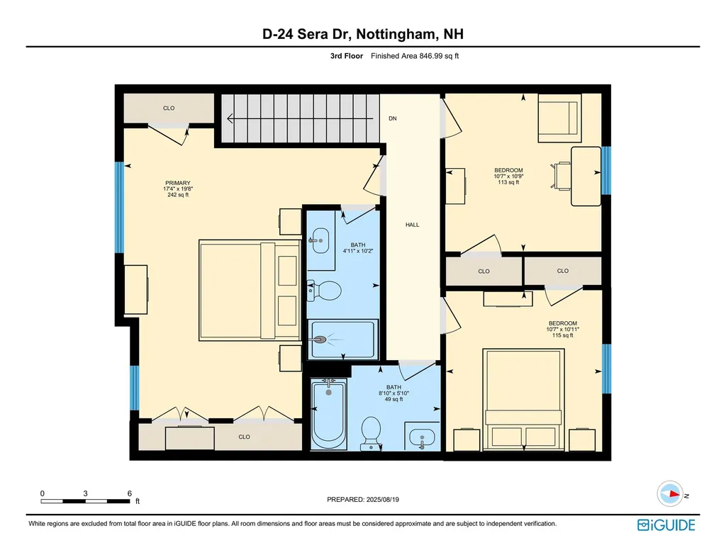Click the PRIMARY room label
(178, 183)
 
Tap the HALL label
(412, 225)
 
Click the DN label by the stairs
(393, 118)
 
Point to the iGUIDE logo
(666, 525)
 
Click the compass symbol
(670, 494)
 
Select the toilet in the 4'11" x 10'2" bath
(324, 291)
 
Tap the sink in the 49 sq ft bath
(422, 437)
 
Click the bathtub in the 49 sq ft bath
(329, 414)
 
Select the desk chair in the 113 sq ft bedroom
(560, 176)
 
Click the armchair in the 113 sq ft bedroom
(559, 118)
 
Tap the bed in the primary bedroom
(250, 290)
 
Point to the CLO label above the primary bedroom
(169, 108)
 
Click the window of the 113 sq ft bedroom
(606, 170)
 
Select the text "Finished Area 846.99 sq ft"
(415, 56)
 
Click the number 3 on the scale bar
(85, 493)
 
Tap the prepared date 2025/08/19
(382, 499)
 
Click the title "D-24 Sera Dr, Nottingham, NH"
(363, 34)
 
